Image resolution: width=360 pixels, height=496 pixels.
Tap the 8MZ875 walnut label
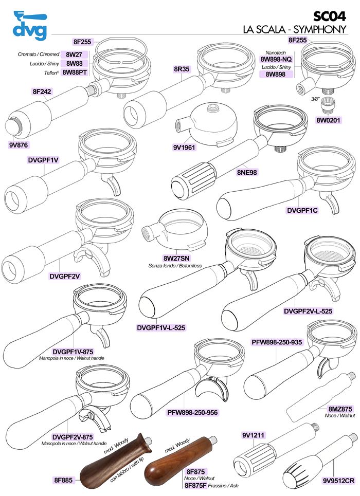(339, 408)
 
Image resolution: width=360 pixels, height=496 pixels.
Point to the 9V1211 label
(253, 421)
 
